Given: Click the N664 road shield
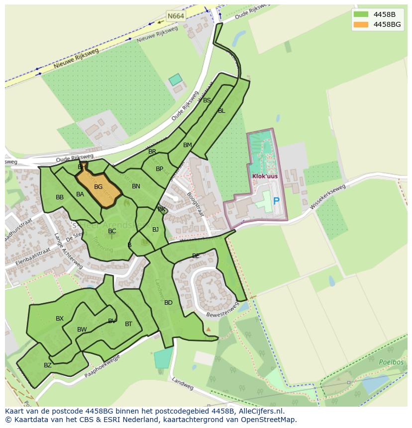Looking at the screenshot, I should (176, 16).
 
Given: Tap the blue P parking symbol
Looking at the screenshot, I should (276, 201).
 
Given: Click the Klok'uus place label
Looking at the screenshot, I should (265, 176).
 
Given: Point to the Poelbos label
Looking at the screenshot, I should (391, 362).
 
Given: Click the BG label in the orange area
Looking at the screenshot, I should (98, 187).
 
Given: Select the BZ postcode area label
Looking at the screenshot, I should (48, 365).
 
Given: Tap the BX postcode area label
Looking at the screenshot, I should (60, 319).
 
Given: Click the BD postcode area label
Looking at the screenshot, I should (168, 303).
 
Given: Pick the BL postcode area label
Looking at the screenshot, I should (221, 111).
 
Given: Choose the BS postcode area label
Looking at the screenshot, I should (207, 100).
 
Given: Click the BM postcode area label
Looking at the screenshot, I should (187, 145).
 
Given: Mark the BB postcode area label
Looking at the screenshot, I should (60, 197).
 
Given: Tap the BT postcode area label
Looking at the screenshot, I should (128, 324).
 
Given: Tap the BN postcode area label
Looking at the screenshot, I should (136, 186).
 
